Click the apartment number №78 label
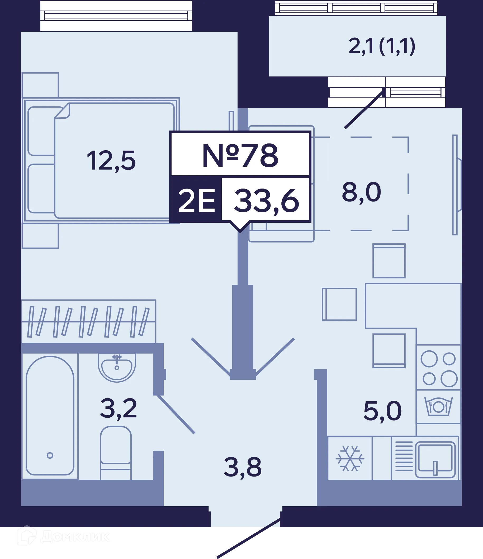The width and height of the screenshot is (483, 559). pyautogui.click(x=240, y=155)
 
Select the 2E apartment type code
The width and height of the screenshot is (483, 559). pyautogui.click(x=197, y=200)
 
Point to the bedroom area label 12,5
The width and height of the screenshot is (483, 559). pyautogui.click(x=111, y=161)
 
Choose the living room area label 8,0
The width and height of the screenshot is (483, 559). pyautogui.click(x=361, y=192)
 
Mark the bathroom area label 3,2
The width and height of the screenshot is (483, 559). pyautogui.click(x=119, y=409)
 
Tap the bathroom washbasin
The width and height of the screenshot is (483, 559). pyautogui.click(x=117, y=368)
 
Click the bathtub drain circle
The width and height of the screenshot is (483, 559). pyautogui.click(x=50, y=455)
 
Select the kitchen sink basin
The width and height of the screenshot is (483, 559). pyautogui.click(x=435, y=459)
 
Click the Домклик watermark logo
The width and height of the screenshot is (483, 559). pyautogui.click(x=63, y=536)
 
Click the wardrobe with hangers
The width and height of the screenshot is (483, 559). pyautogui.click(x=89, y=321)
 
